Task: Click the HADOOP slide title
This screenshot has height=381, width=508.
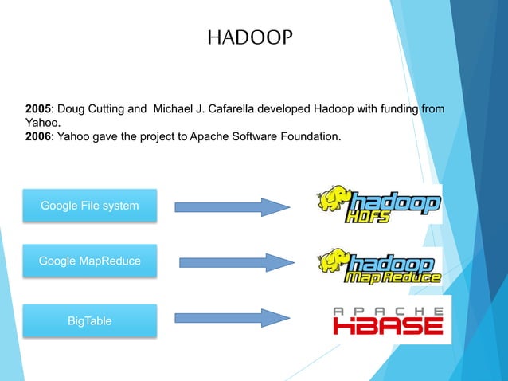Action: coord(250,37)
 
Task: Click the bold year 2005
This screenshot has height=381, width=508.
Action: coord(38,108)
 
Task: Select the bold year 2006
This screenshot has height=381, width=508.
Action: coord(38,137)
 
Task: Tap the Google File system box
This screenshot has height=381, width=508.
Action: coord(89,206)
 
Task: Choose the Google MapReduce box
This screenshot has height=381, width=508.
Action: coord(89,261)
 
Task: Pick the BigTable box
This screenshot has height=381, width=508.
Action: coord(89,320)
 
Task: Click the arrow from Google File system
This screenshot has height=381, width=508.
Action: coord(232,206)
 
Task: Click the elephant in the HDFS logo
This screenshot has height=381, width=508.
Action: coord(333,202)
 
